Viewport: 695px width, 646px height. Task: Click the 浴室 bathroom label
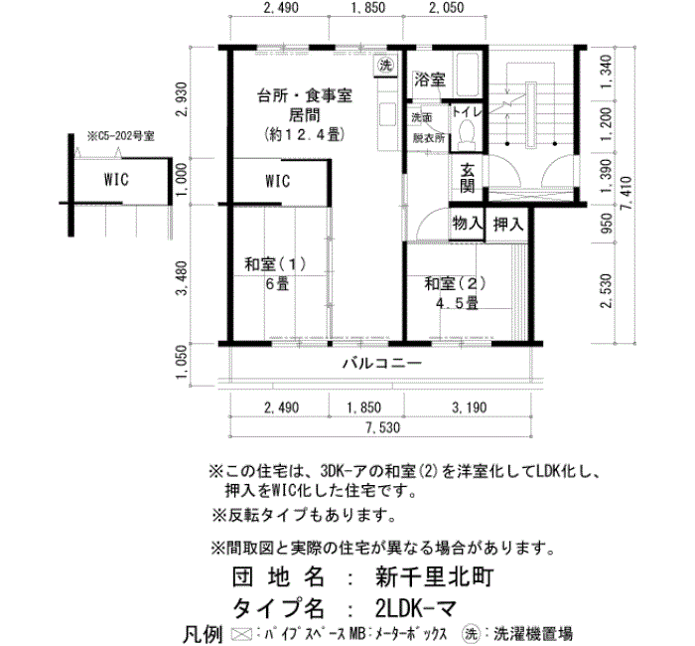(x=430, y=80)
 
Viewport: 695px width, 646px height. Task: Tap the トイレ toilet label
(x=467, y=112)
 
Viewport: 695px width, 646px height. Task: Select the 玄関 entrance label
(x=468, y=178)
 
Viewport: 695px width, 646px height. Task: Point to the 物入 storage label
(x=467, y=224)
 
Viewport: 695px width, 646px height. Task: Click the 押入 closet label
(x=508, y=224)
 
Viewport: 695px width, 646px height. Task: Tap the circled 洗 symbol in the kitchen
(x=385, y=66)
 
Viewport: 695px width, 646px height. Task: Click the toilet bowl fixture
(x=466, y=133)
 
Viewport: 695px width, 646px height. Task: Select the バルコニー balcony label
(x=382, y=364)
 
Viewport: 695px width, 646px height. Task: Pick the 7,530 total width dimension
(x=383, y=427)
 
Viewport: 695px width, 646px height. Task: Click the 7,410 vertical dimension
(x=627, y=194)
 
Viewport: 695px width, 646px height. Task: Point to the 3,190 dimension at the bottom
(x=469, y=407)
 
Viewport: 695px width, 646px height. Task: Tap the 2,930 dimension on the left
(x=182, y=99)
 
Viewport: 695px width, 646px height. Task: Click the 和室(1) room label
(x=275, y=264)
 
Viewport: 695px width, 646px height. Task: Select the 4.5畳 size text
(x=457, y=304)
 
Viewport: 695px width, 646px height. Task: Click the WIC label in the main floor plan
(x=277, y=181)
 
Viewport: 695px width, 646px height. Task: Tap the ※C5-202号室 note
(x=121, y=136)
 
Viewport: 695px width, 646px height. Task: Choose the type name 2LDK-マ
(x=415, y=608)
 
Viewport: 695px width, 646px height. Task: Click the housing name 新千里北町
(x=435, y=577)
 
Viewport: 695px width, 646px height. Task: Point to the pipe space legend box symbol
(x=242, y=634)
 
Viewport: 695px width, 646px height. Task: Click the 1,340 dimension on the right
(x=606, y=72)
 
